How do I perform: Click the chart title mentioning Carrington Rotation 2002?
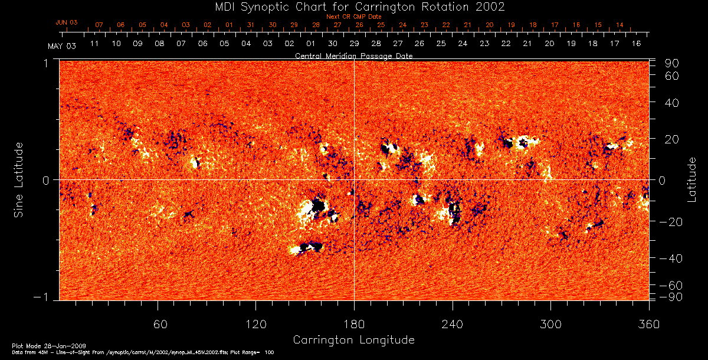tap(354, 7)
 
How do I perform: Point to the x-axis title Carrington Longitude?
tap(353, 340)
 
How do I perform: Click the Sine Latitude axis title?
tap(19, 179)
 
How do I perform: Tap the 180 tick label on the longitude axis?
tap(354, 324)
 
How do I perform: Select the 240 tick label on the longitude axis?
tap(452, 324)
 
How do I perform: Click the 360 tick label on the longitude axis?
tap(648, 324)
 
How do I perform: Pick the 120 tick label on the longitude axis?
tap(256, 324)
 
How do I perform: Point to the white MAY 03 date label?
tap(58, 45)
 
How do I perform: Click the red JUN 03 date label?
tap(67, 22)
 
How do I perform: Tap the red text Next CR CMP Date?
tap(354, 17)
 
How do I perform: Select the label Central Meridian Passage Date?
tap(354, 55)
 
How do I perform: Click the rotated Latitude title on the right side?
tap(691, 179)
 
